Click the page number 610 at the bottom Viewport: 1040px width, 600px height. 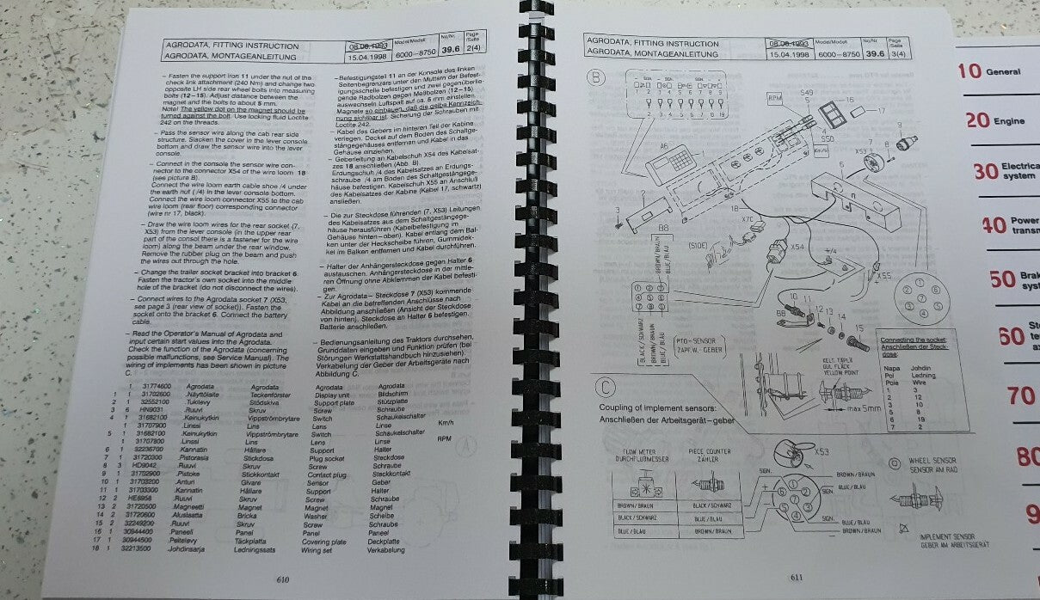pos(282,579)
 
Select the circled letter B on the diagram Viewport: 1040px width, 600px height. pos(600,78)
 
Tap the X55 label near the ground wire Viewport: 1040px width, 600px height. pos(883,276)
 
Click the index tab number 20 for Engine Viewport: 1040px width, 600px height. pos(977,120)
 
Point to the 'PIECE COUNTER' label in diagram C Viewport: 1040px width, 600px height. pos(711,452)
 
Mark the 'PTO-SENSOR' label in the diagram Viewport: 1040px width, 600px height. pos(698,341)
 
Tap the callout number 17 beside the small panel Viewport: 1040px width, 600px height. pos(880,111)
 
